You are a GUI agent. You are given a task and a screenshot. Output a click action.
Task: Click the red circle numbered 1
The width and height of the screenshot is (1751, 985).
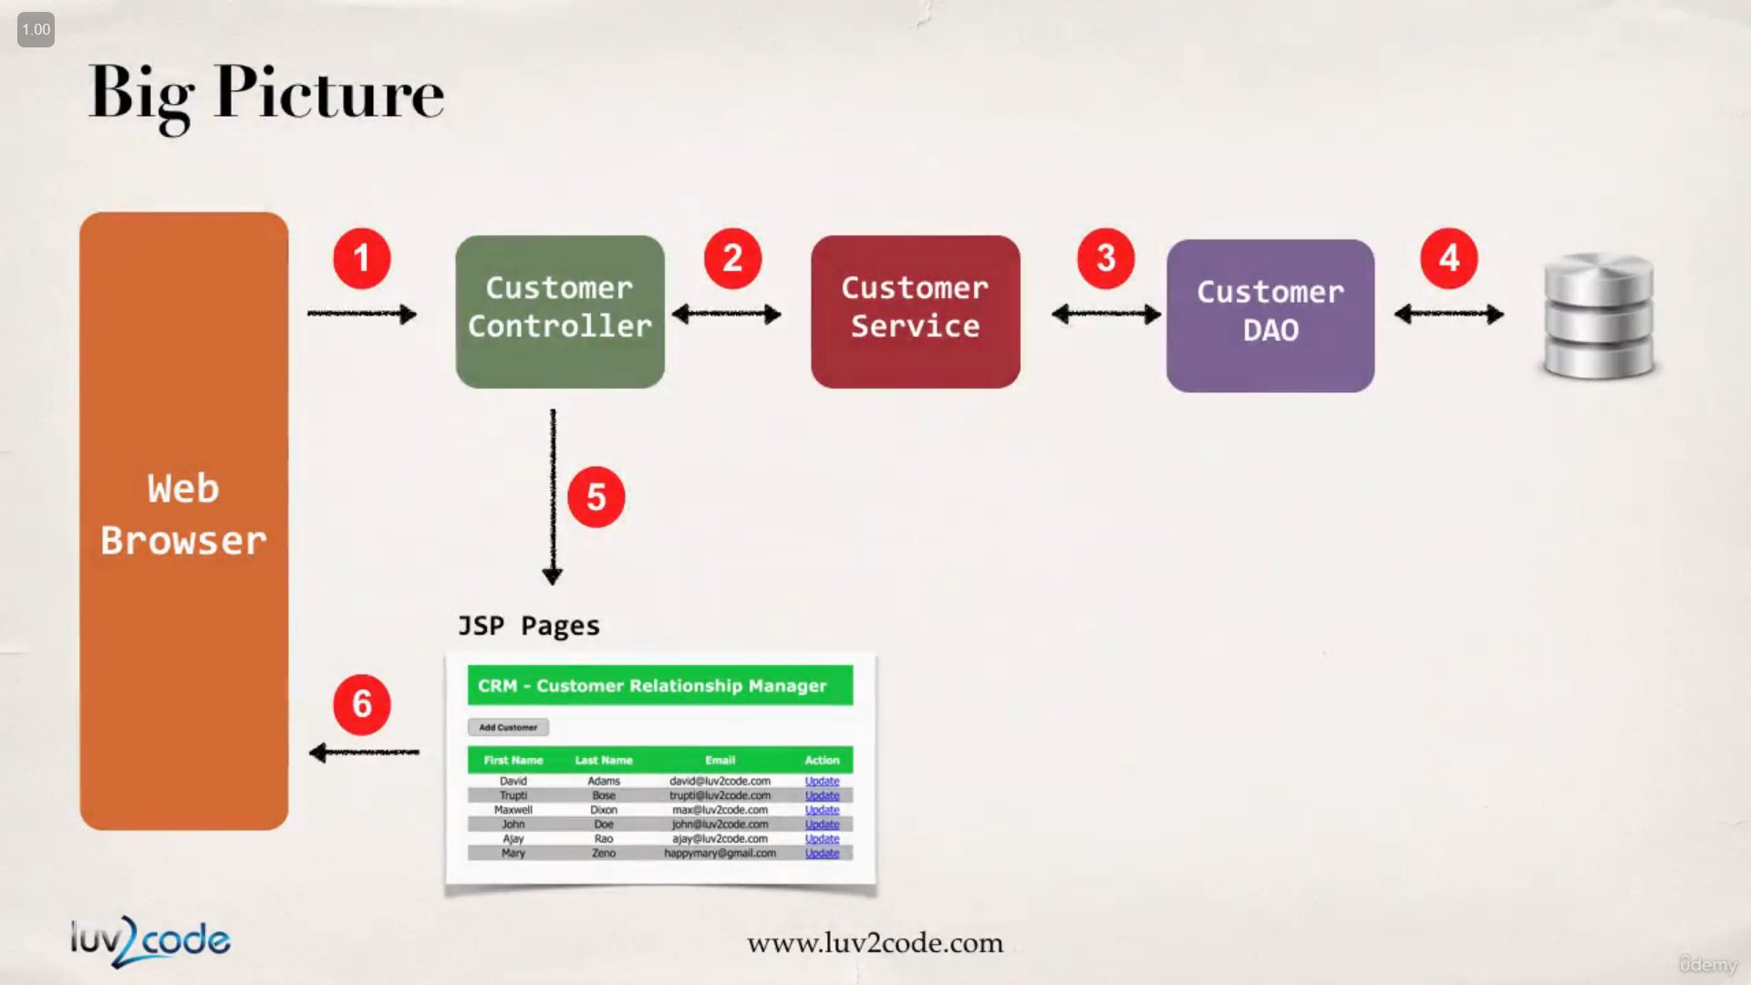[x=362, y=258]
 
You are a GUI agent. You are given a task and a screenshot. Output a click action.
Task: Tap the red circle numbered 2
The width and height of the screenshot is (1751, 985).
[x=732, y=258]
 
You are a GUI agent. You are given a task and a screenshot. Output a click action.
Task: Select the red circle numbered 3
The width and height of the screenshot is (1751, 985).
[x=1105, y=258]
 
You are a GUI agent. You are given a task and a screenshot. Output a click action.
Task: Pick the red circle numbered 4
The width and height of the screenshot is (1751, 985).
[x=1449, y=258]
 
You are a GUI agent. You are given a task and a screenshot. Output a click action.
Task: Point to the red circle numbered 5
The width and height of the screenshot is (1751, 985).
[x=596, y=497]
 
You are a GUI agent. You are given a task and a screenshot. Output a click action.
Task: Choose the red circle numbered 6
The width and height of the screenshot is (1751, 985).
[x=362, y=704]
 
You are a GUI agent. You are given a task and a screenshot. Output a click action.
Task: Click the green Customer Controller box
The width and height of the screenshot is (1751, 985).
[x=560, y=312]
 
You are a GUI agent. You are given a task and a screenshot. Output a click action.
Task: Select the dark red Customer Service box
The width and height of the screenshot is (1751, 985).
[x=916, y=312]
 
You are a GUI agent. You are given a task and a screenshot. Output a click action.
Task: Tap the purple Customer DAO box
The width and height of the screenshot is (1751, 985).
[x=1270, y=316]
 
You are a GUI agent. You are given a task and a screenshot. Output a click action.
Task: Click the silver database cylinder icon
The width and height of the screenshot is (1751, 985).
[x=1599, y=316]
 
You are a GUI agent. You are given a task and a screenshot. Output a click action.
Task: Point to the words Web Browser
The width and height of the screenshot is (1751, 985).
[x=183, y=514]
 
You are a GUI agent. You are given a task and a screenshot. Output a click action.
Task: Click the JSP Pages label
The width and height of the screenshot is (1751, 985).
[x=529, y=626]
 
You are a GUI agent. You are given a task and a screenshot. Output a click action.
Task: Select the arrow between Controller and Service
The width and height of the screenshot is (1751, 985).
[x=727, y=315]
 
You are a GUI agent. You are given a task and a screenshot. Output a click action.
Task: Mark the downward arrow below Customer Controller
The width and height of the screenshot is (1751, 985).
[x=553, y=497]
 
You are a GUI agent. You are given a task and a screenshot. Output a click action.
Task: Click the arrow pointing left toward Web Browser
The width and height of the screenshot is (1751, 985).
[x=364, y=752]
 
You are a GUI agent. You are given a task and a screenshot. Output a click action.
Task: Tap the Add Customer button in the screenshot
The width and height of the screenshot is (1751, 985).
[x=508, y=727]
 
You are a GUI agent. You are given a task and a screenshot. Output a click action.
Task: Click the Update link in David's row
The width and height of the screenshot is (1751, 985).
[x=822, y=781]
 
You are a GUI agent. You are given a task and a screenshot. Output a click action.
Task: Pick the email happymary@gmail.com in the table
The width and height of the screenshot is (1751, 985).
[x=720, y=853]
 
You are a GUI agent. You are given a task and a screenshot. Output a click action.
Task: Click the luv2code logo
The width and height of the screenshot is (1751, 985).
[x=150, y=940]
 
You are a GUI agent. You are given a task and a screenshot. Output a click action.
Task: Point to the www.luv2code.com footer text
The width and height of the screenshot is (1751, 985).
[x=875, y=942]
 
